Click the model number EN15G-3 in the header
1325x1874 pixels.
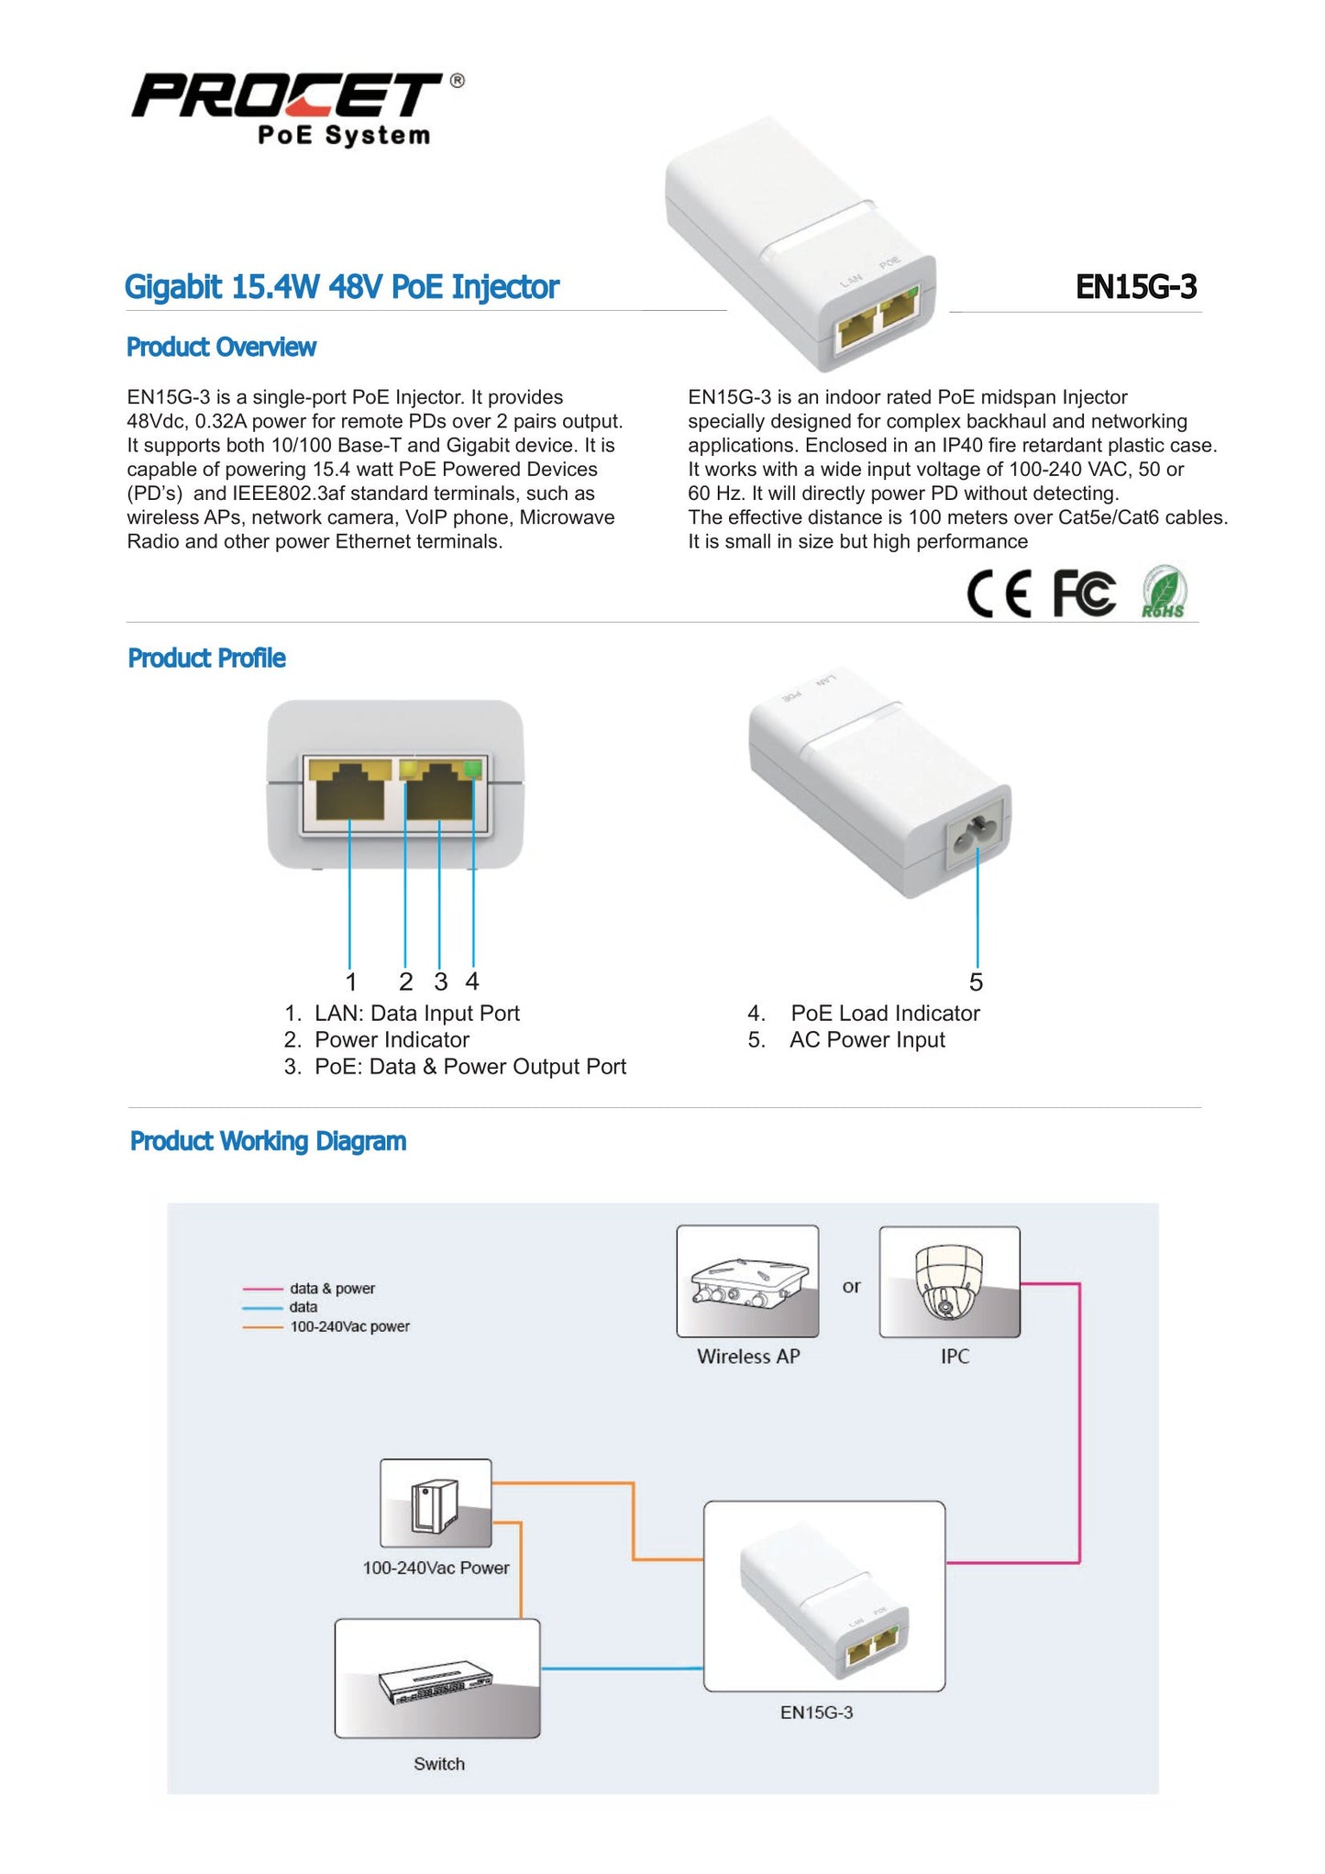click(1135, 287)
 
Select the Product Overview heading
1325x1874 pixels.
click(221, 348)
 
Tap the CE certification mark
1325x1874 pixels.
click(999, 593)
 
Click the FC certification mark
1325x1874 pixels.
click(1084, 593)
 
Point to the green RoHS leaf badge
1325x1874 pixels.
click(1164, 593)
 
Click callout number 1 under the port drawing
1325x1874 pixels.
click(350, 982)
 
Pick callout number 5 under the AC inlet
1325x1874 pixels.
click(976, 982)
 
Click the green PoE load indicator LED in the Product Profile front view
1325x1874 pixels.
click(473, 770)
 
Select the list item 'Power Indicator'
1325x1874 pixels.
click(392, 1040)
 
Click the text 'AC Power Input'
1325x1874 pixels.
click(867, 1040)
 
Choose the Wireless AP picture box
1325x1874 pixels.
click(747, 1281)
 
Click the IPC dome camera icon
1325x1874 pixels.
click(949, 1281)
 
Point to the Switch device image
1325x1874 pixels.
click(437, 1679)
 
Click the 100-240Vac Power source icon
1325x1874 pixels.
click(436, 1503)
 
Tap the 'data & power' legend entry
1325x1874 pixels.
click(332, 1289)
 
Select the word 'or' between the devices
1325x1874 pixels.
click(851, 1287)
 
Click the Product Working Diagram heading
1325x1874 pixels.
click(268, 1141)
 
